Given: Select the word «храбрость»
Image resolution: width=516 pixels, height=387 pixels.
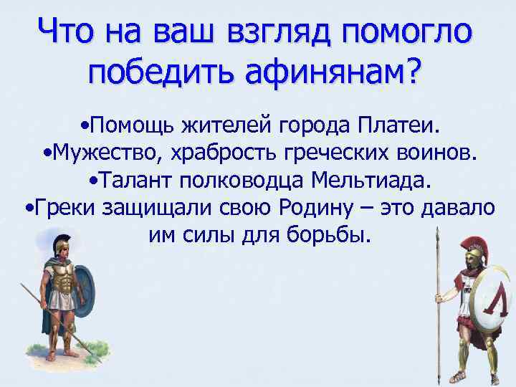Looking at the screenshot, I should pos(227,154).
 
